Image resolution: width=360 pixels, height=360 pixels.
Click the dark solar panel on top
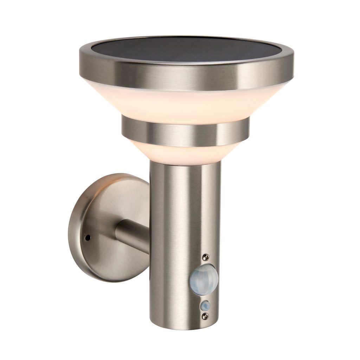point(186,49)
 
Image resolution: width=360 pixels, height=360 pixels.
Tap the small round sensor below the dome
point(205,306)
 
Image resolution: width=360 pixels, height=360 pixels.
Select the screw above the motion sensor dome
point(206,258)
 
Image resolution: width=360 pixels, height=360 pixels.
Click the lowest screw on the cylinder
point(205,318)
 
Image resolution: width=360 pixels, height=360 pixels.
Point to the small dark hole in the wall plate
point(87,237)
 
